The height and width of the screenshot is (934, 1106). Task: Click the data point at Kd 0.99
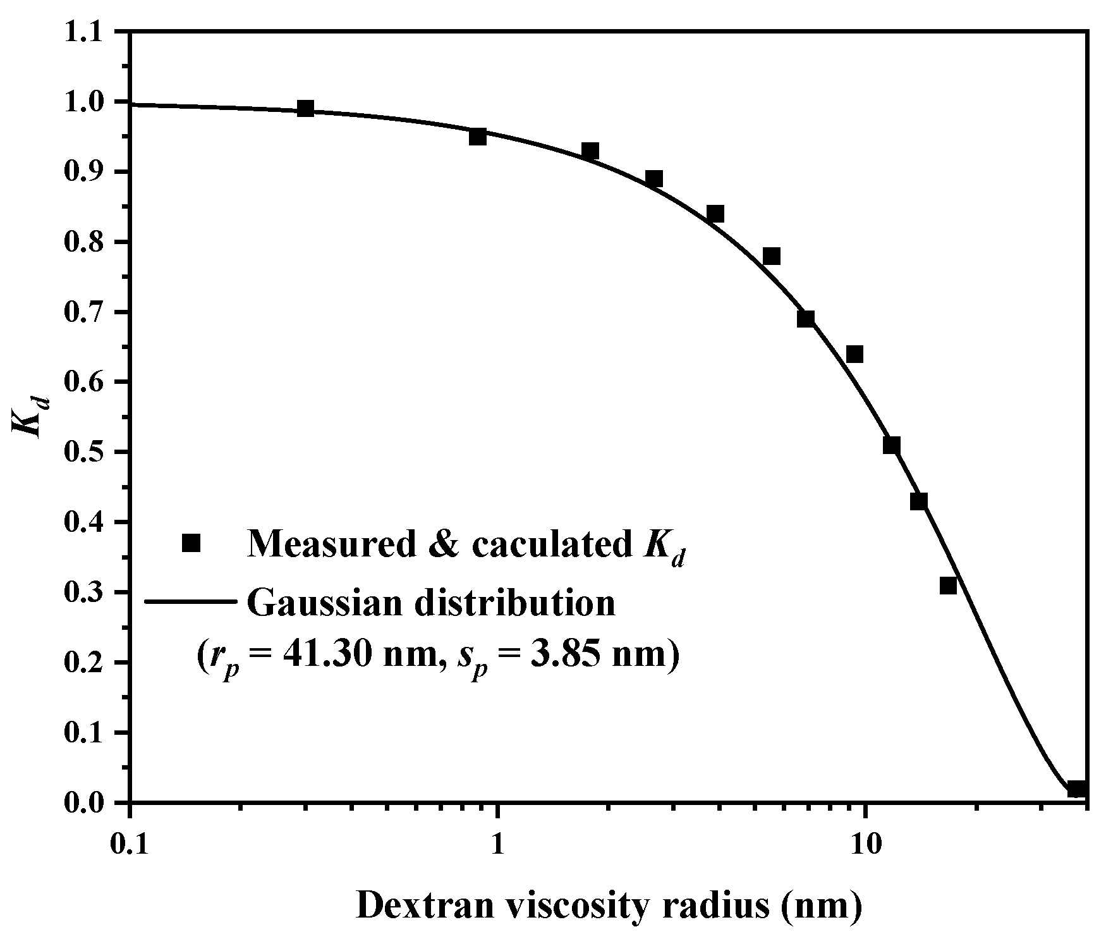[x=306, y=108]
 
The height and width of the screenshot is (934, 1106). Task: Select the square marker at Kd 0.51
[x=891, y=445]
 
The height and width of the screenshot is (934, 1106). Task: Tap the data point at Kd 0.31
[x=948, y=586]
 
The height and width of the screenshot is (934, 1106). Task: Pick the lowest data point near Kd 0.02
[x=1076, y=789]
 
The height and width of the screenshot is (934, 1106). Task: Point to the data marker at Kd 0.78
[x=772, y=256]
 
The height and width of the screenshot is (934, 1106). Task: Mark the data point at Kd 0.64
[x=854, y=354]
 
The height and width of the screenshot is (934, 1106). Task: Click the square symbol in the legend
[x=191, y=543]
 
